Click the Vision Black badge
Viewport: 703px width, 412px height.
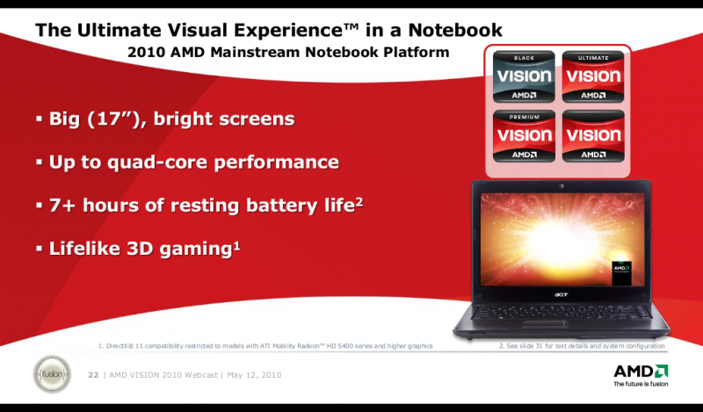524,76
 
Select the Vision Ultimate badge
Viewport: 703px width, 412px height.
593,76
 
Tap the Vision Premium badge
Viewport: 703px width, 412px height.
524,136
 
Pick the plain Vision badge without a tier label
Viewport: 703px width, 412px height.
593,136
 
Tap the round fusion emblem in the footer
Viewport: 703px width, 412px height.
51,375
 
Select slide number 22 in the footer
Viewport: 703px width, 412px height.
93,376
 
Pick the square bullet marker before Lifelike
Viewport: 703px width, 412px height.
39,248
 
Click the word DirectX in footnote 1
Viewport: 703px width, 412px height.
124,346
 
